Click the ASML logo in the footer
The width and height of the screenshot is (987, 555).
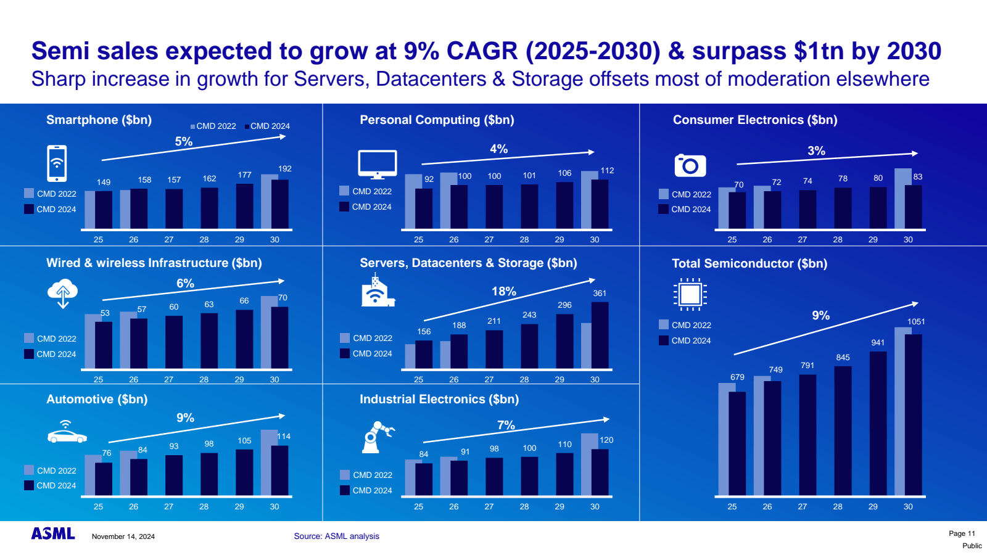(x=53, y=534)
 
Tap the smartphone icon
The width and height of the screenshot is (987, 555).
(x=57, y=163)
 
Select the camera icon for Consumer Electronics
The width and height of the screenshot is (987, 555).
(x=690, y=165)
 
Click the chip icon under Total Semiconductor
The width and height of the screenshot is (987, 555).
(x=690, y=294)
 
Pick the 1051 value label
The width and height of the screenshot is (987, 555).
(x=916, y=322)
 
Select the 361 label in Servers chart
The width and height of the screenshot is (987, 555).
(x=600, y=294)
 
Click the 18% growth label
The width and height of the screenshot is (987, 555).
(x=503, y=292)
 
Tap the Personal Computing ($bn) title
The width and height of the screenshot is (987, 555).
(x=437, y=120)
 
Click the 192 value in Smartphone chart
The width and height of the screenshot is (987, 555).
(x=284, y=169)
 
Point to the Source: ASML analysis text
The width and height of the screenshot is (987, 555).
(x=336, y=536)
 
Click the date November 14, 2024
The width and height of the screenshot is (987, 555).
(x=123, y=536)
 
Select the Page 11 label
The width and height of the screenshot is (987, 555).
(x=962, y=533)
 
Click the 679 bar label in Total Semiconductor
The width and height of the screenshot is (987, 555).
(x=737, y=377)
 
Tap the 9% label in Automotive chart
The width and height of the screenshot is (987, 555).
(x=185, y=418)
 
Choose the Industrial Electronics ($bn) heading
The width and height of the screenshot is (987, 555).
(x=439, y=400)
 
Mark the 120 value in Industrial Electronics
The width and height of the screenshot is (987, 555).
(x=606, y=440)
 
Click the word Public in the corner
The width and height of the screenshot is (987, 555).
(x=972, y=546)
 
